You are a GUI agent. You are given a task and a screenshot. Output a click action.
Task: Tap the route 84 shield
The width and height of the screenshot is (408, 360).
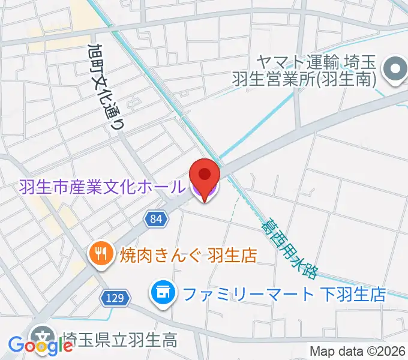point(156,219)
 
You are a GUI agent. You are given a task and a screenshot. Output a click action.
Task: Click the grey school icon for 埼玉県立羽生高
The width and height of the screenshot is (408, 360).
point(42,337)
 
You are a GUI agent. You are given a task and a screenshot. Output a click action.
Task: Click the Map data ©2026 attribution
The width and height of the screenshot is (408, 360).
point(358,351)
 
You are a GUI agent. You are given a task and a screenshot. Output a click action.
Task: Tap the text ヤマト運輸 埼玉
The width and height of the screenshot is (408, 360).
point(317,61)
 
